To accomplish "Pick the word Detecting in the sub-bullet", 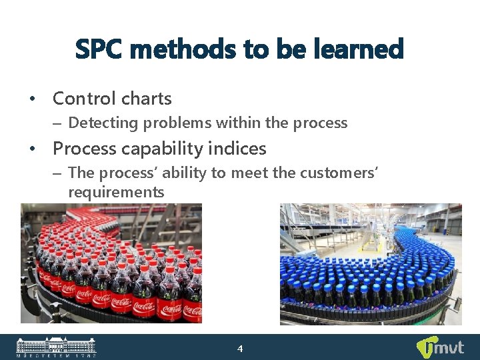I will click(x=100, y=123).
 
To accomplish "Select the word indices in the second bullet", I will click(x=239, y=148).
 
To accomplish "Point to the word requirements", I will click(x=116, y=192).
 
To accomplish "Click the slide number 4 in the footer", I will click(x=241, y=349).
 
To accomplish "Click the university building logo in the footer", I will click(x=56, y=347).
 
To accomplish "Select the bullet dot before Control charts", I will click(x=32, y=99).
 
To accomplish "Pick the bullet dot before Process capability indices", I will click(x=32, y=149).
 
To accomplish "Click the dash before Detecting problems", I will click(x=58, y=123).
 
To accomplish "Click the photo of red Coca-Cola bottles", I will click(x=111, y=263).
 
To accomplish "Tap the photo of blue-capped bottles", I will click(x=371, y=264).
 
